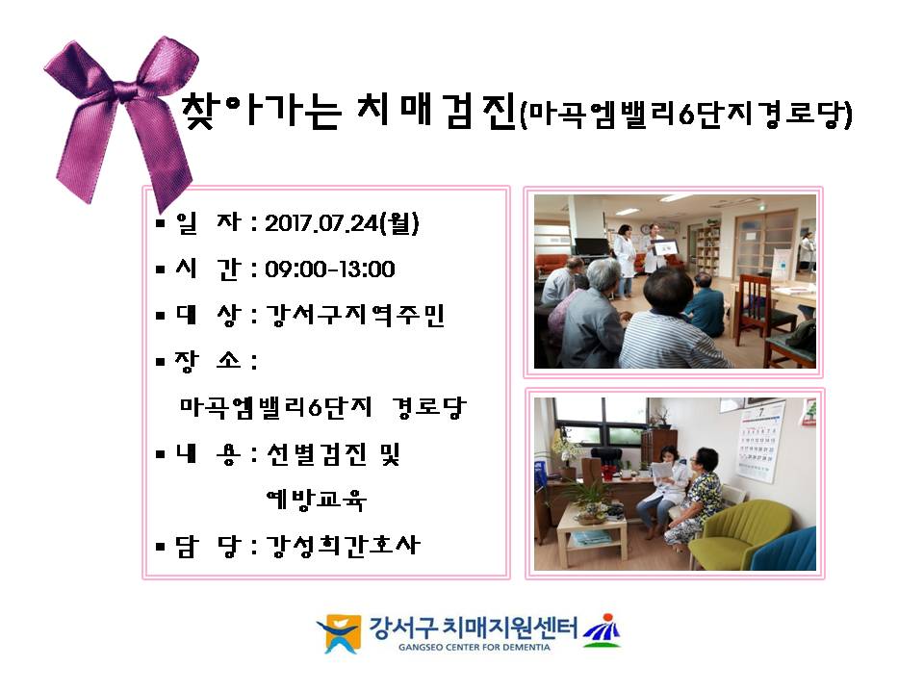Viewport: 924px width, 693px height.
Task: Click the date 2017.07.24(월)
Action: pyautogui.click(x=342, y=222)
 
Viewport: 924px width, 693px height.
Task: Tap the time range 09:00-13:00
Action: pyautogui.click(x=330, y=269)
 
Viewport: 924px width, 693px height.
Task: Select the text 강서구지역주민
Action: pyautogui.click(x=355, y=316)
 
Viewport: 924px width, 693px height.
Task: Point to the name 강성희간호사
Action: pyautogui.click(x=343, y=545)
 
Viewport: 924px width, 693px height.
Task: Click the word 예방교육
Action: pyautogui.click(x=317, y=500)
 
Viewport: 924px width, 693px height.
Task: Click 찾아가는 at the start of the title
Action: pyautogui.click(x=261, y=110)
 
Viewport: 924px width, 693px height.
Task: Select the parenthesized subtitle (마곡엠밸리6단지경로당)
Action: pyautogui.click(x=686, y=115)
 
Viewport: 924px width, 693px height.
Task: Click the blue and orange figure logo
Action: pyautogui.click(x=339, y=633)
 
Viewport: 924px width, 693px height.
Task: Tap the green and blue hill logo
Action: pyautogui.click(x=602, y=630)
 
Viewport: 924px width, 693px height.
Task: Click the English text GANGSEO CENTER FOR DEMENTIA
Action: pyautogui.click(x=474, y=647)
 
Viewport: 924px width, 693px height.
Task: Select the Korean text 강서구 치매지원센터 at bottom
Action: pyautogui.click(x=474, y=628)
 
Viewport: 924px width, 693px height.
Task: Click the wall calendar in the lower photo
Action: pyautogui.click(x=760, y=442)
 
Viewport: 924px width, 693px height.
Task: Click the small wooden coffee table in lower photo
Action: pyautogui.click(x=592, y=533)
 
